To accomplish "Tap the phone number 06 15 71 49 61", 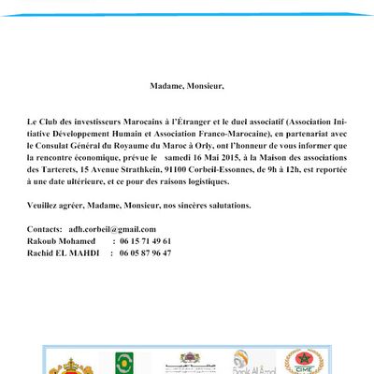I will pyautogui.click(x=145, y=241).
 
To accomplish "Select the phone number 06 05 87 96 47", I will pyautogui.click(x=145, y=252).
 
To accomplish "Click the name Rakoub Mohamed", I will pyautogui.click(x=62, y=241).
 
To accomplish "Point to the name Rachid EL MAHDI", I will pyautogui.click(x=64, y=252).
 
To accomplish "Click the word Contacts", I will pyautogui.click(x=46, y=229).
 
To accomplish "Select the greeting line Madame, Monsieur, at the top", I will pyautogui.click(x=187, y=86).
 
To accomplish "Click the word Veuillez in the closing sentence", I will pyautogui.click(x=48, y=204).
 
